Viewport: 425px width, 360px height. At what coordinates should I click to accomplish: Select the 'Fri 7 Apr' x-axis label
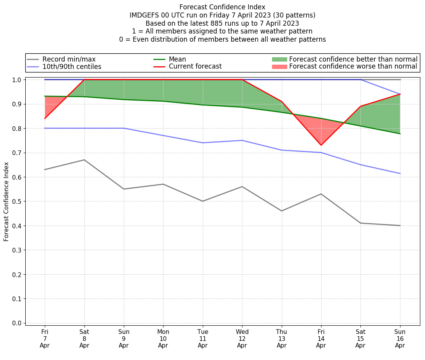coord(45,339)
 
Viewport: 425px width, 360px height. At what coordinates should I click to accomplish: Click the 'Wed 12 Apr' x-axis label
coord(242,339)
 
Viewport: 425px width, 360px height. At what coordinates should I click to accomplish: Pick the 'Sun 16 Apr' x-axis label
coord(400,339)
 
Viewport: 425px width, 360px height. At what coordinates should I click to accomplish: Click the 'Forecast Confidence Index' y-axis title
coord(7,201)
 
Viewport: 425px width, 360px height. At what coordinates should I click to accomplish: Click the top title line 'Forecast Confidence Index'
coord(222,7)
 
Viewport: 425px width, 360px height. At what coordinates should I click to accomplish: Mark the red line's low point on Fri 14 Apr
coord(321,145)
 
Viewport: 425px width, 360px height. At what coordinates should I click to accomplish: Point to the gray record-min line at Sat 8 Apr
coord(84,160)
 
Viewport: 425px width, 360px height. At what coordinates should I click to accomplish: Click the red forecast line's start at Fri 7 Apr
coord(45,118)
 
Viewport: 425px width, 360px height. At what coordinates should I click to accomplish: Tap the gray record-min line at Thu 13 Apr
coord(282,211)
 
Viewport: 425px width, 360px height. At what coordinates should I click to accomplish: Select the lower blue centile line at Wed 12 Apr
coord(242,140)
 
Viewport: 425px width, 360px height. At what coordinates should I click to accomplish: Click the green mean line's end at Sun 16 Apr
coord(400,134)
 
